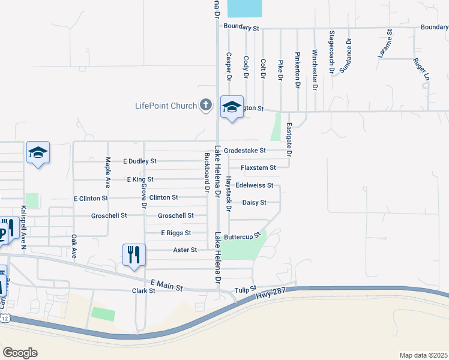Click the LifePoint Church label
[x=166, y=106]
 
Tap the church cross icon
[x=205, y=106]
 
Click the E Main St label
[x=166, y=285]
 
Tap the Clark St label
[x=143, y=290]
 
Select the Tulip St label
[x=245, y=289]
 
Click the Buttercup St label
[x=244, y=236]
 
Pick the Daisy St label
[x=254, y=203]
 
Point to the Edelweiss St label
[x=255, y=185]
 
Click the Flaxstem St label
[x=258, y=168]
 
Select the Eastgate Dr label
[x=289, y=140]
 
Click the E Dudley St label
[x=139, y=161]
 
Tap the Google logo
[x=20, y=353]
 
